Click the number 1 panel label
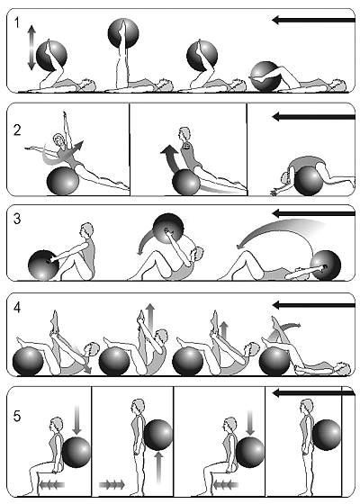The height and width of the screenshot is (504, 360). pyautogui.click(x=17, y=22)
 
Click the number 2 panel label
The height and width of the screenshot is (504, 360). pyautogui.click(x=17, y=130)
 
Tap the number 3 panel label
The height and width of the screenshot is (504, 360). pyautogui.click(x=17, y=219)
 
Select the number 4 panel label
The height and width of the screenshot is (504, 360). pyautogui.click(x=17, y=308)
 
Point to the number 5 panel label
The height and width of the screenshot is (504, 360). pyautogui.click(x=17, y=416)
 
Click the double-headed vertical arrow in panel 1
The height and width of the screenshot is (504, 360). pyautogui.click(x=31, y=48)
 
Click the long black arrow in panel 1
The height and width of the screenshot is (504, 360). pyautogui.click(x=313, y=20)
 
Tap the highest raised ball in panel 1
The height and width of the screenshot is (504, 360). pyautogui.click(x=123, y=33)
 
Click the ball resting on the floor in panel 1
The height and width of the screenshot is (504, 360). pyautogui.click(x=265, y=76)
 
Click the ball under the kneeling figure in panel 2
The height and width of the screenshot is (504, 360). pyautogui.click(x=309, y=180)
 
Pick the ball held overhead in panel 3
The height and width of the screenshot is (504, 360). pyautogui.click(x=168, y=229)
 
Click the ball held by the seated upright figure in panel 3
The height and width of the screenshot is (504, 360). pyautogui.click(x=43, y=265)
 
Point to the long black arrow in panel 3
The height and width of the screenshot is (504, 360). pyautogui.click(x=313, y=213)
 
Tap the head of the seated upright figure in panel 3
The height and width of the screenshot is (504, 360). pyautogui.click(x=86, y=230)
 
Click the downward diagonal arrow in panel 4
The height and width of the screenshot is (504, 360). pyautogui.click(x=83, y=358)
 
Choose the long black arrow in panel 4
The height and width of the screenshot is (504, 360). pyautogui.click(x=313, y=305)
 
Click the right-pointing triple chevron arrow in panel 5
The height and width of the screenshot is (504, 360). pyautogui.click(x=112, y=484)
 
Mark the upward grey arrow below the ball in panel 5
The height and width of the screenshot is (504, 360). pyautogui.click(x=159, y=468)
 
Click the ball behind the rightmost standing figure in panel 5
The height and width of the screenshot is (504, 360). pyautogui.click(x=327, y=435)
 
